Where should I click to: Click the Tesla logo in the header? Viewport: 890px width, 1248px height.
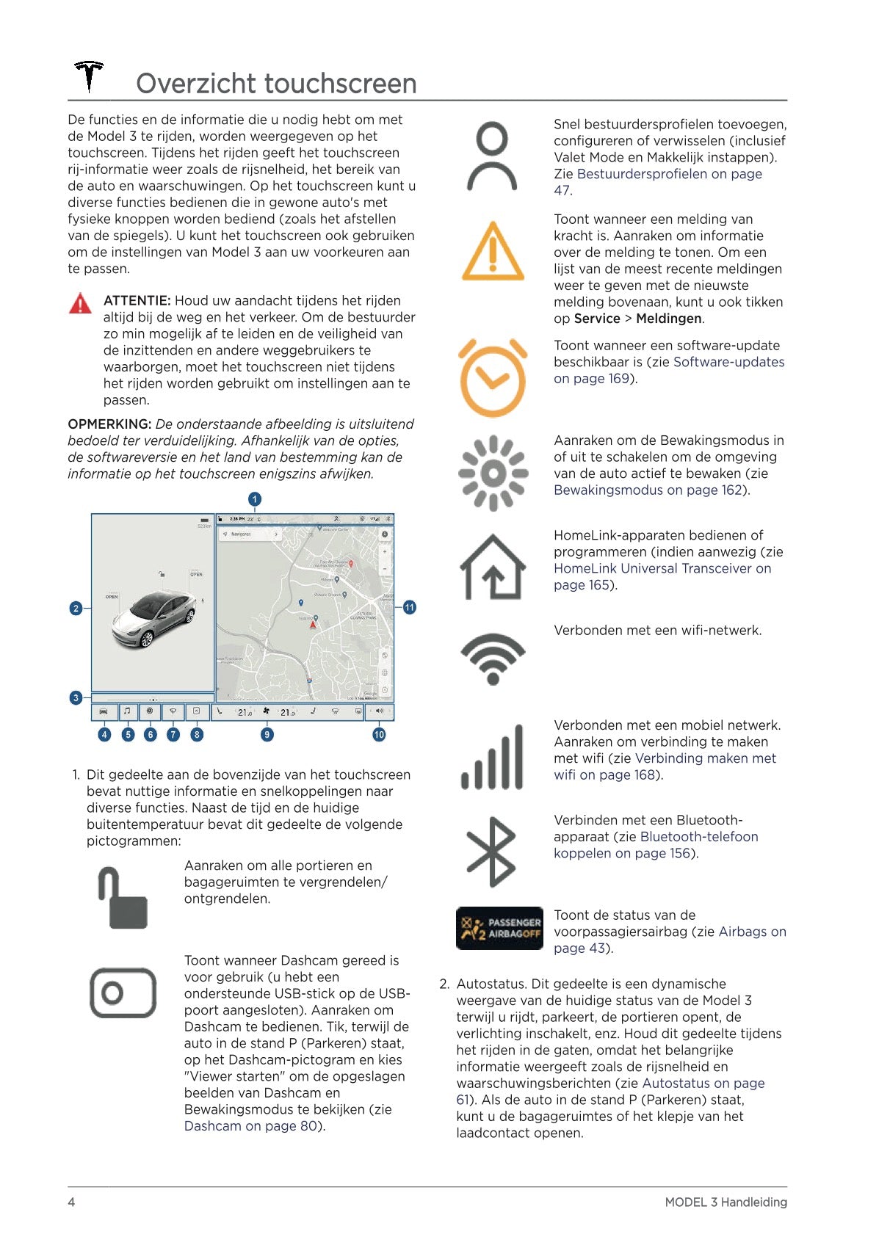click(x=89, y=76)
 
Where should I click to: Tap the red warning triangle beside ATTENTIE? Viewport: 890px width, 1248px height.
click(x=80, y=303)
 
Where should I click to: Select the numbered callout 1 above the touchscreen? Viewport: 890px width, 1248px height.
click(x=255, y=499)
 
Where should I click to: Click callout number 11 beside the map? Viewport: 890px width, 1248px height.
click(x=409, y=607)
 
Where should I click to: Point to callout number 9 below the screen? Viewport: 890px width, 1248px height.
click(x=267, y=734)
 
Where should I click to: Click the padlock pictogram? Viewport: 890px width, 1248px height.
click(x=123, y=898)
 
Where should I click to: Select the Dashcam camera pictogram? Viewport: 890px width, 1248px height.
click(x=123, y=993)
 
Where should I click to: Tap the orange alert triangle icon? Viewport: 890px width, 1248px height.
click(x=493, y=252)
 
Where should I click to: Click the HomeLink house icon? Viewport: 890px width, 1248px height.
click(x=493, y=567)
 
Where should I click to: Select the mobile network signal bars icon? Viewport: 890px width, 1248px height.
click(x=493, y=757)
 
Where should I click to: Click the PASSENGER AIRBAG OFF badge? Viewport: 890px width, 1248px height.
click(x=499, y=928)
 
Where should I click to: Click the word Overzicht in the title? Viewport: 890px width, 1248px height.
click(x=196, y=84)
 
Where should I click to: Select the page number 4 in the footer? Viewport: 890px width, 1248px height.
click(x=71, y=1202)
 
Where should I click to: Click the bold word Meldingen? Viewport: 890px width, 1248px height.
click(x=669, y=319)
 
